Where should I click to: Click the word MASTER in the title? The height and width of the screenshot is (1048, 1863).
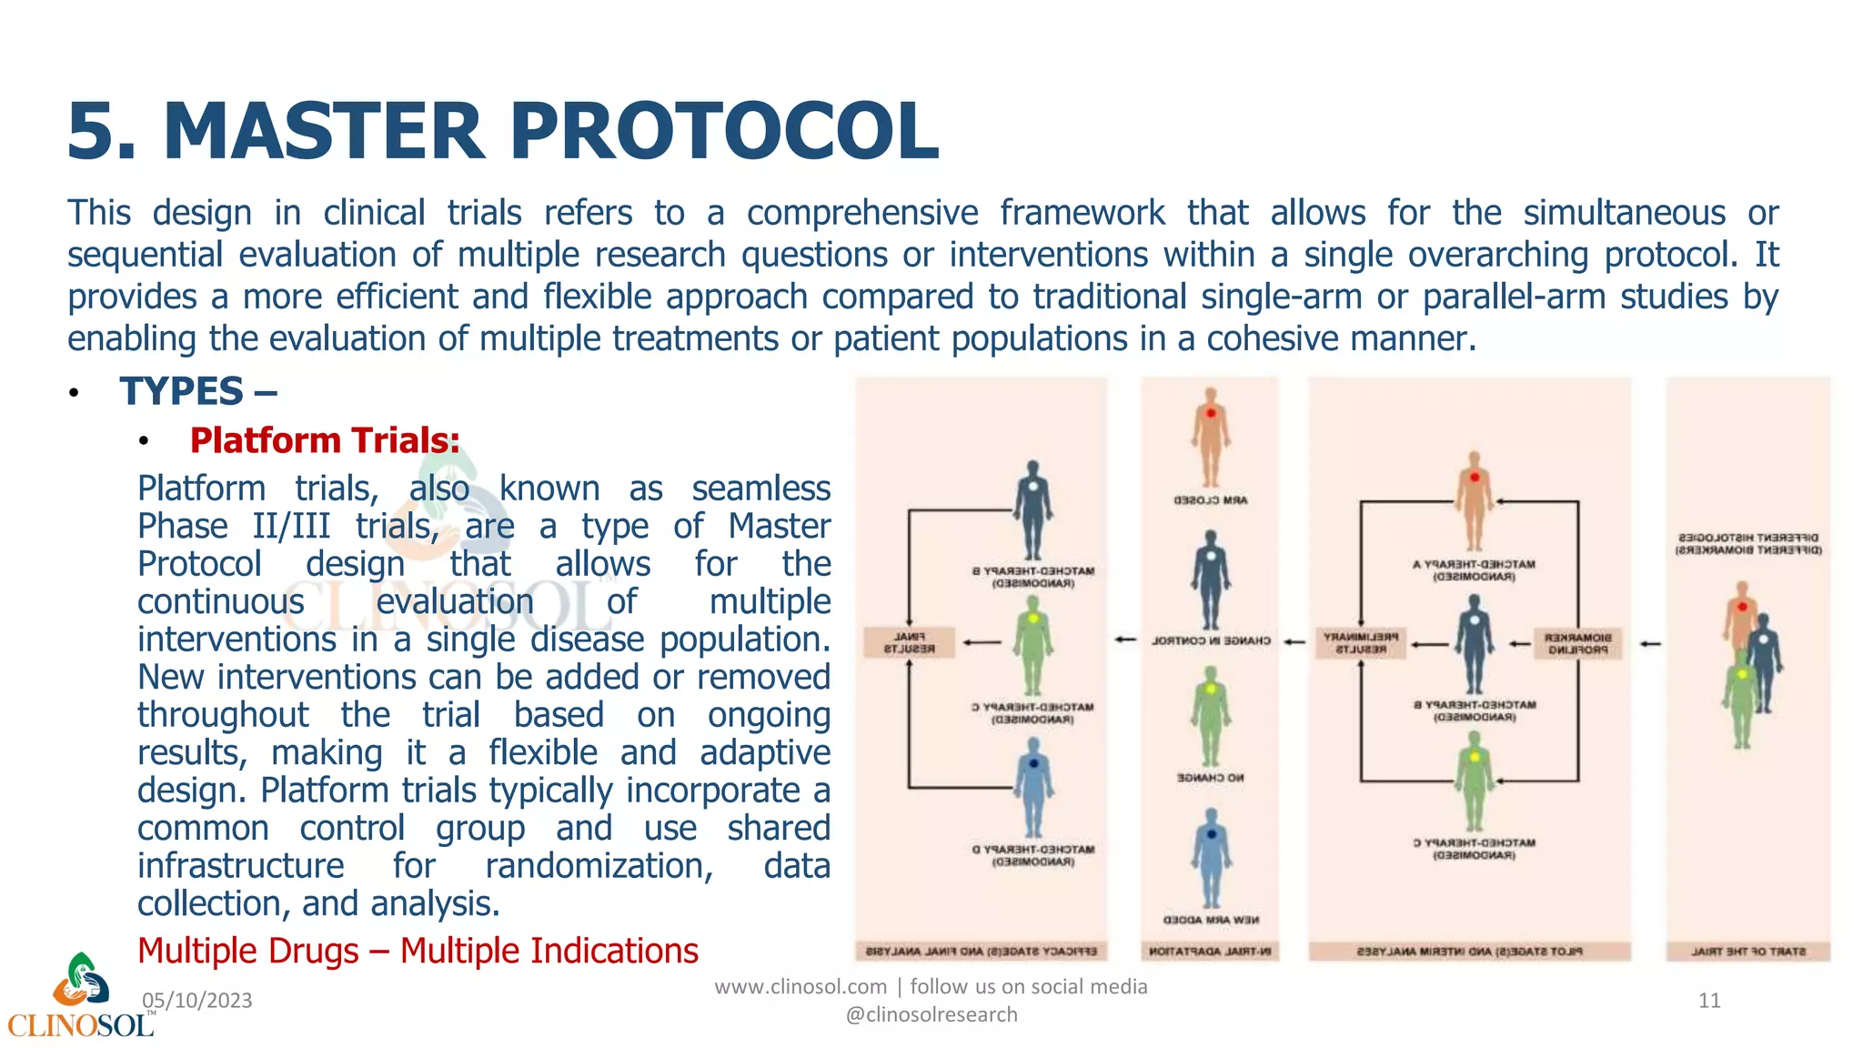click(324, 132)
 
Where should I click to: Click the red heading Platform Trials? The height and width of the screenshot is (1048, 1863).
click(325, 440)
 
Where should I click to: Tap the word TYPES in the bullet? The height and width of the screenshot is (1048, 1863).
click(182, 391)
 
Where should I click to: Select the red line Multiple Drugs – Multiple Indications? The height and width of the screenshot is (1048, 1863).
click(418, 951)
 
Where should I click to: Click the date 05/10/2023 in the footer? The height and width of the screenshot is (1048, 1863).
click(197, 1001)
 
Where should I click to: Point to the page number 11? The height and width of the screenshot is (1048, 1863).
click(1709, 1001)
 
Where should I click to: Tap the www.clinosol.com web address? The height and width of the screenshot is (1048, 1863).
click(801, 986)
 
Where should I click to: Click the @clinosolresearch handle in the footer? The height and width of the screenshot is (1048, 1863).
click(931, 1014)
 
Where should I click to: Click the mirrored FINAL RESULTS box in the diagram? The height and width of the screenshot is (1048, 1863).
click(910, 642)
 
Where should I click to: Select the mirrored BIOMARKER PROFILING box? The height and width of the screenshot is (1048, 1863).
click(1577, 643)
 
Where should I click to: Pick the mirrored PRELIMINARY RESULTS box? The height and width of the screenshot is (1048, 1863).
click(1361, 642)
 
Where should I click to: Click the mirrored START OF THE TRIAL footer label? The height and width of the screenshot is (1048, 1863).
click(1747, 952)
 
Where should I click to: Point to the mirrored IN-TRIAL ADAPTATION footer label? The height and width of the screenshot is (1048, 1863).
click(1210, 952)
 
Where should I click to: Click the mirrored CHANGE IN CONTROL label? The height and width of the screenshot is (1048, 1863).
click(1210, 640)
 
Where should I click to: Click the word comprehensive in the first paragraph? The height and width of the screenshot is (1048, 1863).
click(861, 213)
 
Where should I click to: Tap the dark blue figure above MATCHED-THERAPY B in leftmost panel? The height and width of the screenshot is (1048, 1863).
click(1032, 509)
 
